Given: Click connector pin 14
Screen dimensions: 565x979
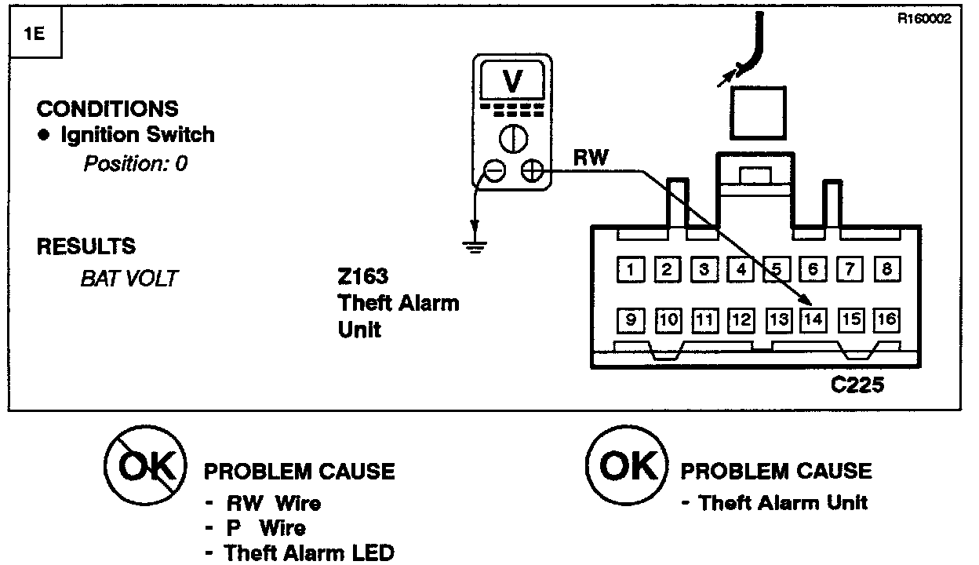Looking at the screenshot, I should pyautogui.click(x=814, y=319).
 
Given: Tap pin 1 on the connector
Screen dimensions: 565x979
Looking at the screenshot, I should pyautogui.click(x=631, y=270).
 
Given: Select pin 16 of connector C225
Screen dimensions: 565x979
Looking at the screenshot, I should pyautogui.click(x=887, y=319).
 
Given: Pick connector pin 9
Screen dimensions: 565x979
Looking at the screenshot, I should pyautogui.click(x=631, y=319).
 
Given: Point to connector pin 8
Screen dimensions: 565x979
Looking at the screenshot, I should pyautogui.click(x=887, y=270).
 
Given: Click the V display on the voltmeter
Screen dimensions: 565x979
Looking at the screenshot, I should pyautogui.click(x=513, y=80).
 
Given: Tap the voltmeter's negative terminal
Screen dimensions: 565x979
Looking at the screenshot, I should pyautogui.click(x=495, y=170).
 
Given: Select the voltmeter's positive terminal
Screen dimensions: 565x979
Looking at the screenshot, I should pyautogui.click(x=532, y=170).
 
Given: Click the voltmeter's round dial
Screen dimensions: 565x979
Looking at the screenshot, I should pyautogui.click(x=513, y=138).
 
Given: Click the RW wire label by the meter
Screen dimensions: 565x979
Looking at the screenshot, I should pyautogui.click(x=590, y=158).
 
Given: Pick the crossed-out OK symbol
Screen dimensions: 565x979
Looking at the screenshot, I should pyautogui.click(x=147, y=468).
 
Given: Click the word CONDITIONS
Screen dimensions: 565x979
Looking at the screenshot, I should pyautogui.click(x=107, y=108).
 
